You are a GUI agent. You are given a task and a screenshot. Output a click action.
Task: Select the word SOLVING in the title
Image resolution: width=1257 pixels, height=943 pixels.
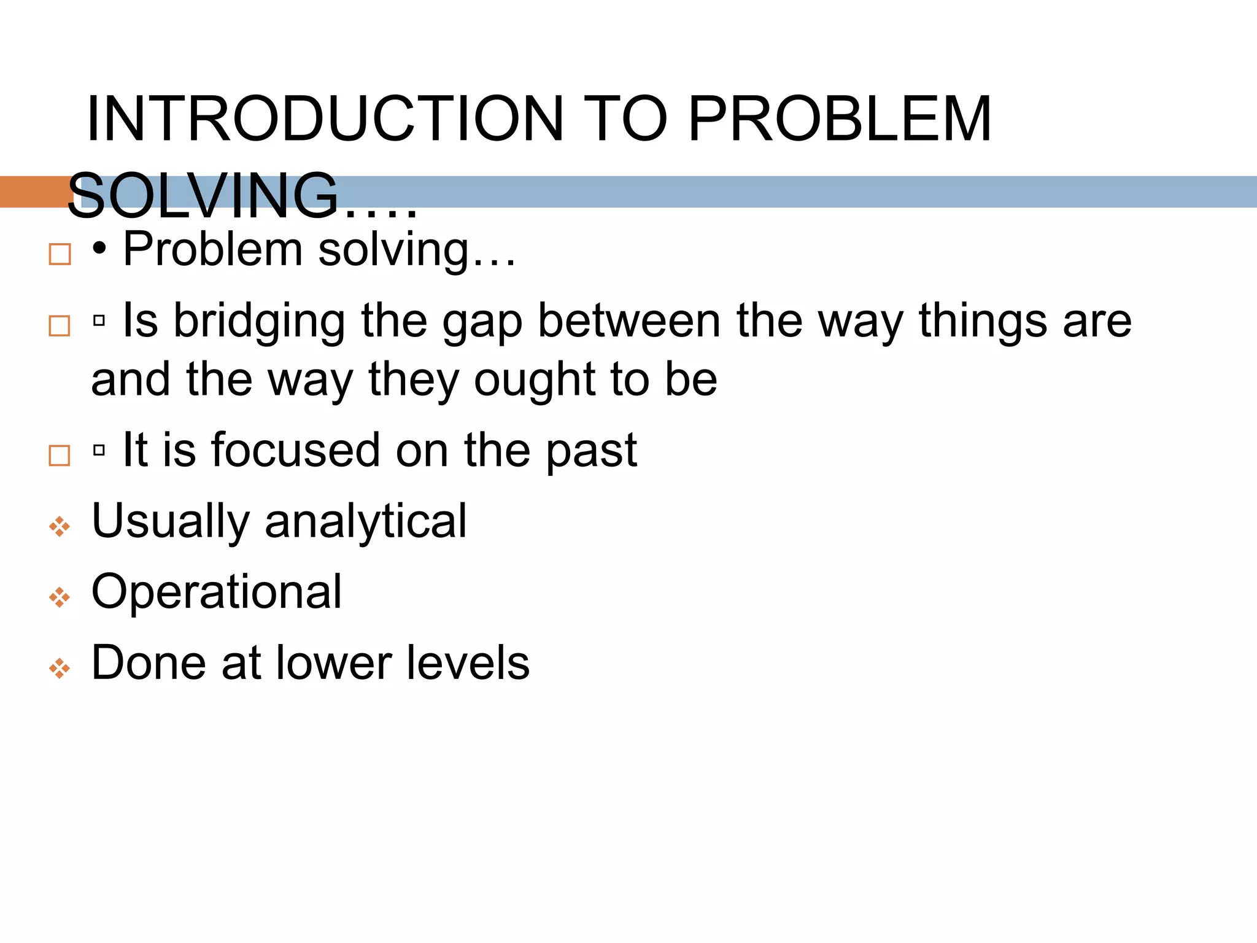203,196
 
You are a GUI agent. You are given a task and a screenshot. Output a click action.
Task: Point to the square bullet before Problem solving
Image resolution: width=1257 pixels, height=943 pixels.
60,254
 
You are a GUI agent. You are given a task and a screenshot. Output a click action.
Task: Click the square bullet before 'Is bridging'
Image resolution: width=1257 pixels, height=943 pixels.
60,325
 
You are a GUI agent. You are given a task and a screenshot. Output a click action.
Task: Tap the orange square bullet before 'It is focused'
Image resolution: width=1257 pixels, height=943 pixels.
60,456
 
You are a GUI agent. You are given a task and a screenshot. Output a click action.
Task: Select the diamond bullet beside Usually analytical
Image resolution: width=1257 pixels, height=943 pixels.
60,526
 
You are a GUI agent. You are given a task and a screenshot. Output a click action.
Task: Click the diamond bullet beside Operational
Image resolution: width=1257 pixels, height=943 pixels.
60,597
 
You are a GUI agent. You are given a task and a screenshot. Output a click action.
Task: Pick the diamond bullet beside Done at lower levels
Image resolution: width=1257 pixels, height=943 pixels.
60,668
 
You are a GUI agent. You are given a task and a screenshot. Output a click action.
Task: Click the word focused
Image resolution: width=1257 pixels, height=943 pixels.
295,450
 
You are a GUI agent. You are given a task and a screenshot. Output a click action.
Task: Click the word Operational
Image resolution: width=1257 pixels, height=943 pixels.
217,592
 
